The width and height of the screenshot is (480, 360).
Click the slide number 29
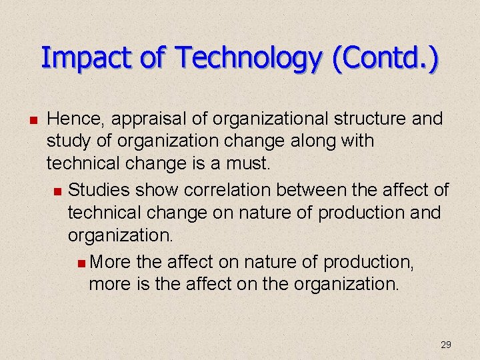(x=446, y=345)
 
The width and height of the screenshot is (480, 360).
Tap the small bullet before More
(x=81, y=263)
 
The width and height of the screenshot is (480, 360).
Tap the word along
(x=301, y=141)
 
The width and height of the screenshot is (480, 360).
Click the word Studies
(x=99, y=190)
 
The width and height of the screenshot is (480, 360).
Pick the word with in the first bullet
(x=356, y=141)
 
